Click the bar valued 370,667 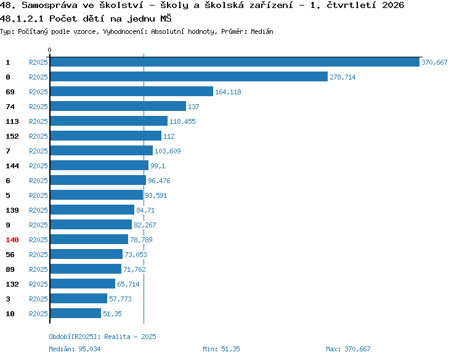235,62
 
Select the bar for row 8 189,76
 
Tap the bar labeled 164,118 132,91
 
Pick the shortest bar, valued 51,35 76,313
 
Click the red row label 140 12,240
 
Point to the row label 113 12,121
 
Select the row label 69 10,92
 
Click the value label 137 193,107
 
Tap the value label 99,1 158,166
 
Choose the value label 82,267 145,225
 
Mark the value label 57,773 120,299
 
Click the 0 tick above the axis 49,50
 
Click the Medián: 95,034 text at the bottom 75,349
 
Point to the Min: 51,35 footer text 221,349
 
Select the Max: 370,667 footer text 348,349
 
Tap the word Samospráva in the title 49,6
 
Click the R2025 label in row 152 38,136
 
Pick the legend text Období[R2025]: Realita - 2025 102,337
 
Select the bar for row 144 99,165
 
